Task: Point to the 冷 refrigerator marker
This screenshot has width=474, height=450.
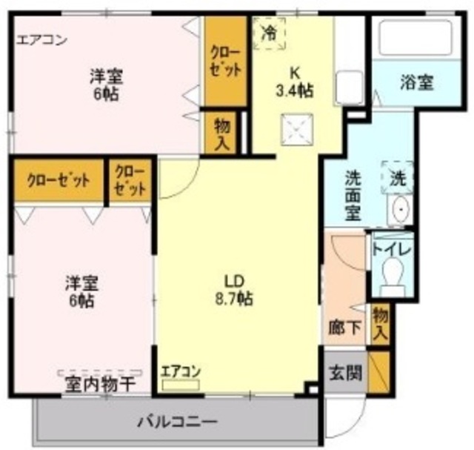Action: click(x=270, y=33)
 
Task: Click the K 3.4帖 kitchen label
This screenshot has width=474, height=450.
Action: click(x=295, y=82)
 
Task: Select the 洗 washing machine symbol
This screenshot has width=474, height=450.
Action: click(x=398, y=178)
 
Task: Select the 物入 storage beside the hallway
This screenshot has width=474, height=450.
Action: click(x=379, y=323)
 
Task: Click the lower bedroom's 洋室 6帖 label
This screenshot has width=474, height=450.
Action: click(x=81, y=291)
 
